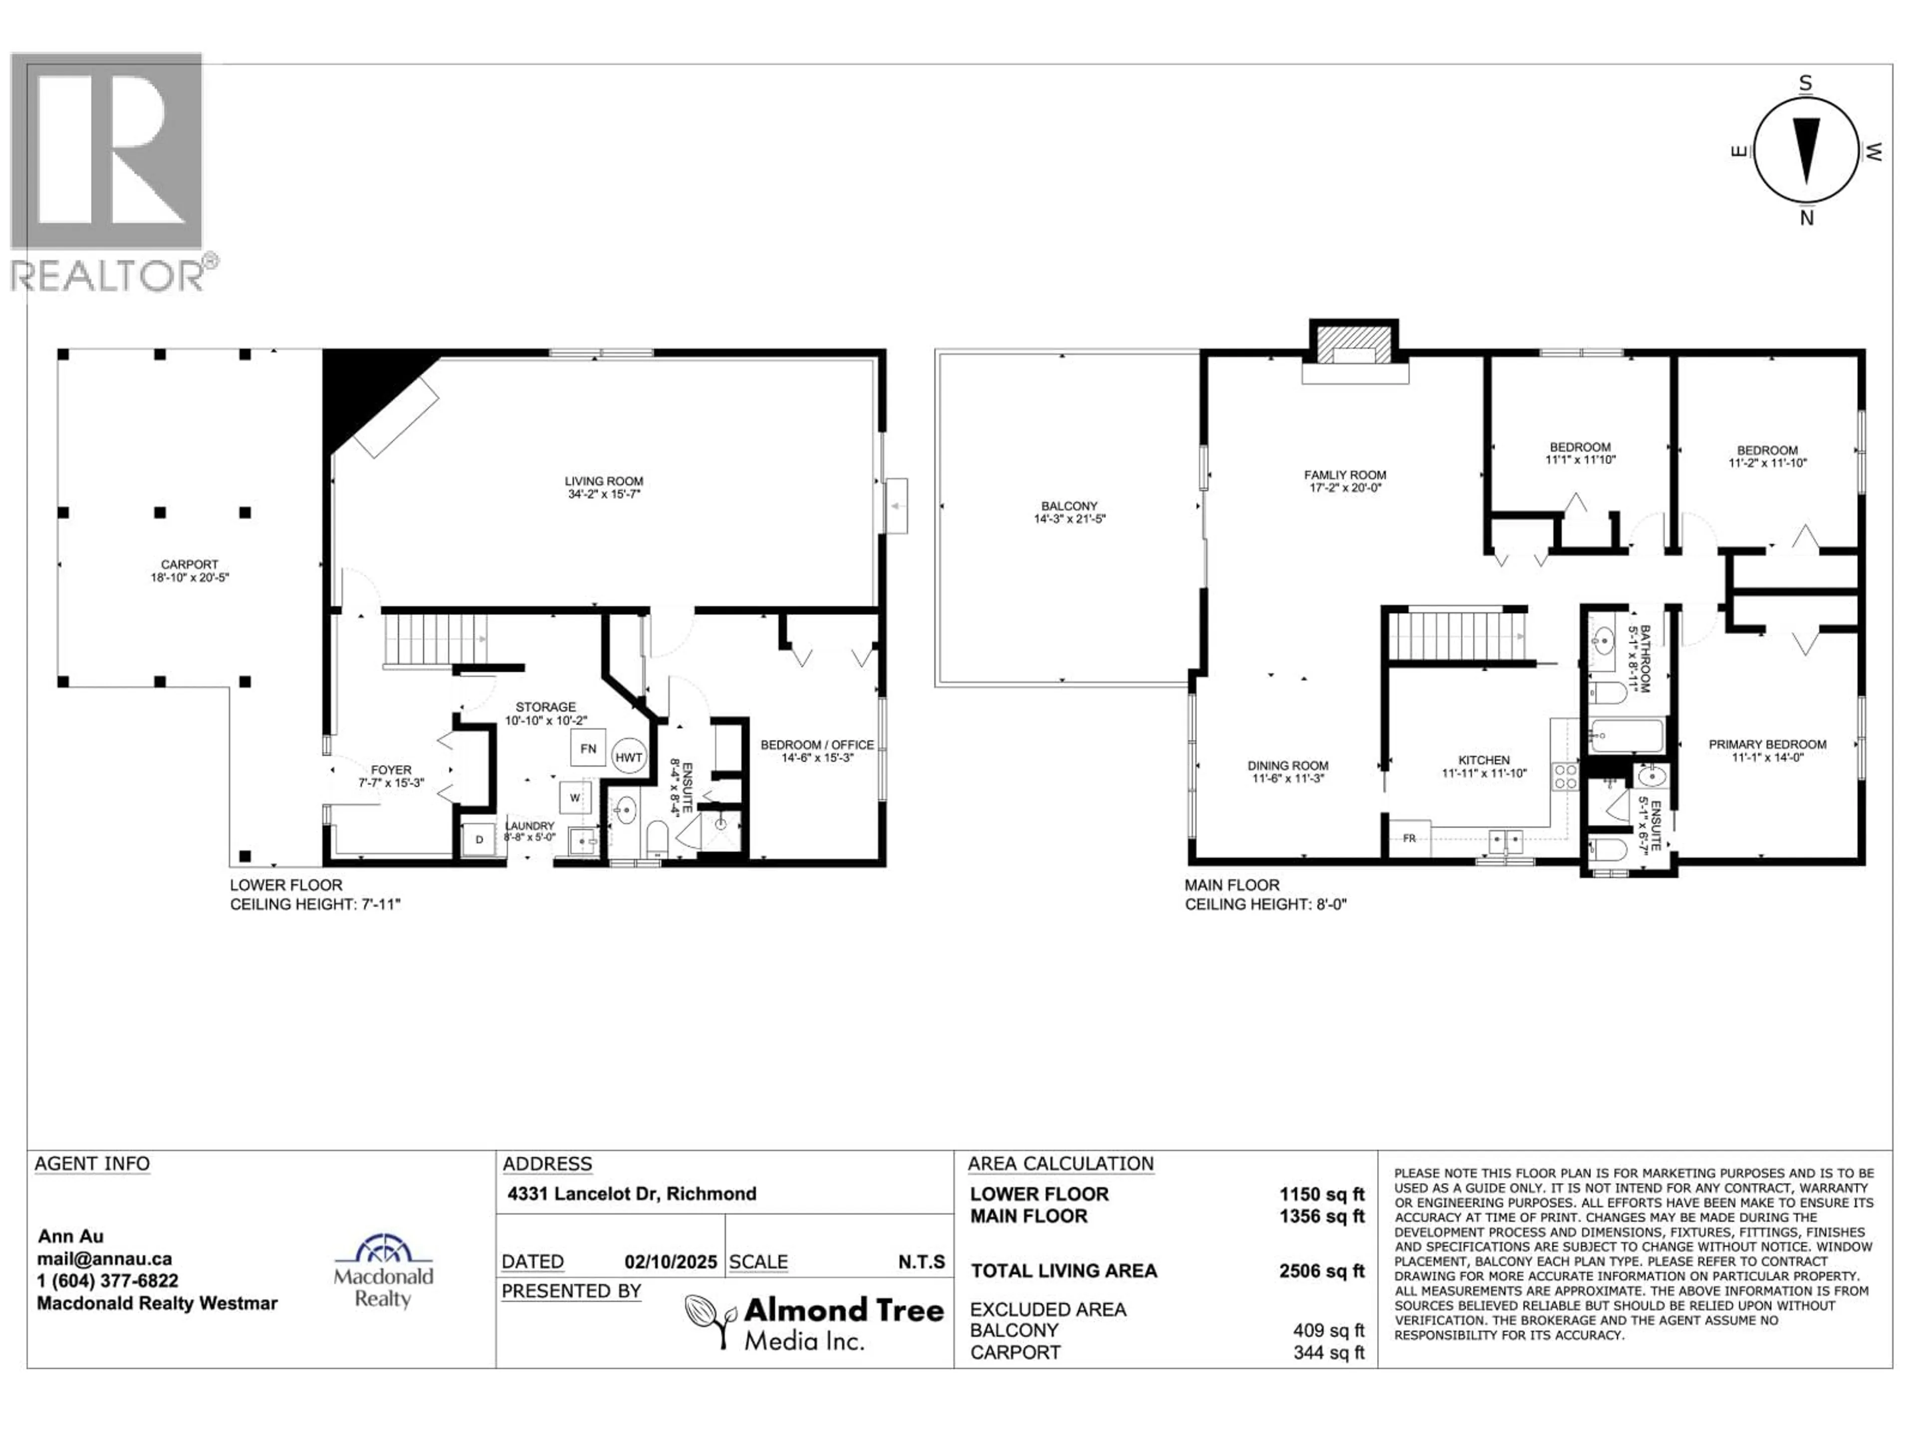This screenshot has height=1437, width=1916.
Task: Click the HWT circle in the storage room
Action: [629, 756]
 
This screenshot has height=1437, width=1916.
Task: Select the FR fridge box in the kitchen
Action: [1409, 838]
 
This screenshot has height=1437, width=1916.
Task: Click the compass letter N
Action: [1806, 218]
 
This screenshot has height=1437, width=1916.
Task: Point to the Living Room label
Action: [604, 487]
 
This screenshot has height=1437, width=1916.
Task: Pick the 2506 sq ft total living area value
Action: [1322, 1271]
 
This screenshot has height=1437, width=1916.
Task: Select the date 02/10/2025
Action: [671, 1262]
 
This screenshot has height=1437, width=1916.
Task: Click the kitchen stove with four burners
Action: [1565, 775]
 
